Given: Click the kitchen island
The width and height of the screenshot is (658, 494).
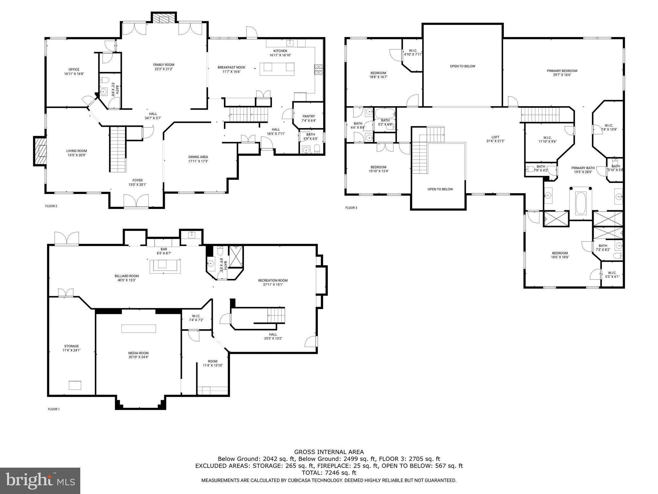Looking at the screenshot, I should tap(277, 68).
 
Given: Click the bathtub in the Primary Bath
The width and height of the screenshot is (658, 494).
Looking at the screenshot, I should tap(580, 203).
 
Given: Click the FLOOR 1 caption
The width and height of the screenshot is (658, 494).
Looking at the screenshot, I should tap(54, 409).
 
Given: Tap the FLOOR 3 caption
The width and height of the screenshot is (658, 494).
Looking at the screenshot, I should tap(351, 208).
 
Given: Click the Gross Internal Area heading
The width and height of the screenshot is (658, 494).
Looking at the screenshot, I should tap(329, 452).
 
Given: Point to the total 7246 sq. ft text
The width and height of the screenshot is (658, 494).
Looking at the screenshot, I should tap(329, 473).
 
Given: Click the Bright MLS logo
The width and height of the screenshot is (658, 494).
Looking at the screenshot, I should tap(40, 480).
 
